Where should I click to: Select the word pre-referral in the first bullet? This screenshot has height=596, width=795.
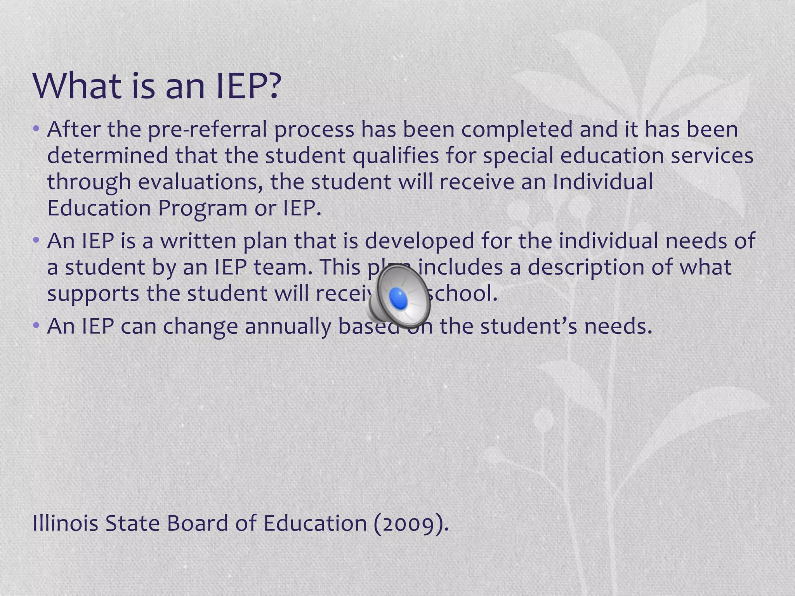click(207, 130)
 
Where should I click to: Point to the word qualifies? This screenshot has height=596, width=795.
click(396, 156)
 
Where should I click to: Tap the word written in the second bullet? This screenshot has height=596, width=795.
click(198, 241)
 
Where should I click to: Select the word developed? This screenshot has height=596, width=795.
click(419, 241)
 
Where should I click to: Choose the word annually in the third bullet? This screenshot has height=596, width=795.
click(288, 326)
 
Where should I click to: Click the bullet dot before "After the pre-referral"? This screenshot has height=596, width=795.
click(36, 128)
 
